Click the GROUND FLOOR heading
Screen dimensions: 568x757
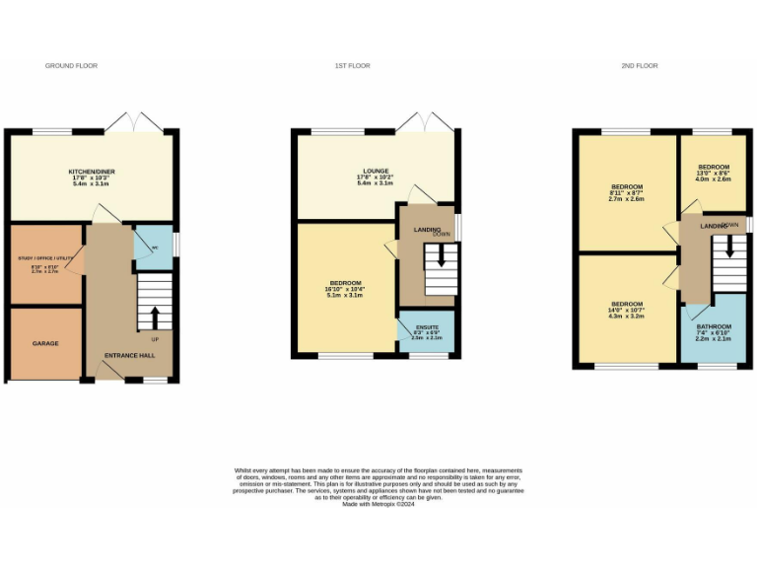click(71, 66)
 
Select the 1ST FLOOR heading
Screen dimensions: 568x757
click(351, 66)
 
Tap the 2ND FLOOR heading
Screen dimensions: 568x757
click(639, 66)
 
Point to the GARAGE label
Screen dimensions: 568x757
click(45, 343)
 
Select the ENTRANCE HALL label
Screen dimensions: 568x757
click(130, 354)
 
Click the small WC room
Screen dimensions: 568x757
click(152, 247)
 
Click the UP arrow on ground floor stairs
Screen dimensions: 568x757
click(154, 318)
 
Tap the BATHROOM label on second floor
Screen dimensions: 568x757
click(714, 326)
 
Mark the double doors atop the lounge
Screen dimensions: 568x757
click(425, 121)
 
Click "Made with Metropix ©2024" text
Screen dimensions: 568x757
click(378, 504)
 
